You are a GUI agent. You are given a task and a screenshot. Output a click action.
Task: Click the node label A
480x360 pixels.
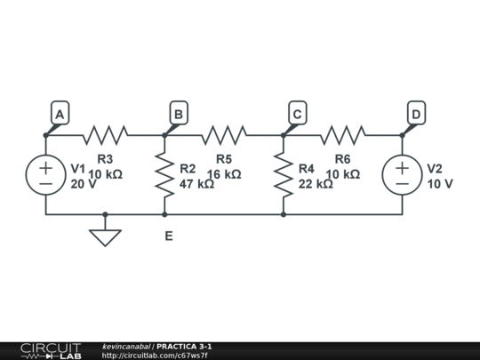[x=60, y=114]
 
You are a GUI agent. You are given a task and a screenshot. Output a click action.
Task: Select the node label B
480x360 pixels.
[x=179, y=114]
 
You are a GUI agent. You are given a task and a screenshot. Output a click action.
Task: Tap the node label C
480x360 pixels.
[x=298, y=114]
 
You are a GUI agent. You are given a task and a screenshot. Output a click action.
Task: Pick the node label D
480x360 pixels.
[x=416, y=114]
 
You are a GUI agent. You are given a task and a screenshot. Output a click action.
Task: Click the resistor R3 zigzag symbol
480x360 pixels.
[x=105, y=135]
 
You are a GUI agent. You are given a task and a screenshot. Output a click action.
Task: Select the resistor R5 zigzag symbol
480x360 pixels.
[x=224, y=135]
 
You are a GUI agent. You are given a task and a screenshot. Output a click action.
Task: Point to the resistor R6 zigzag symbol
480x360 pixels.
[x=342, y=135]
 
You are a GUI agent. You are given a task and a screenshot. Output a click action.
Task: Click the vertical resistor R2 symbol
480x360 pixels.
[x=164, y=175]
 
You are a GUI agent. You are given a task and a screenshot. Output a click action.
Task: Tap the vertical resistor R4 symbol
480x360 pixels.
[x=284, y=175]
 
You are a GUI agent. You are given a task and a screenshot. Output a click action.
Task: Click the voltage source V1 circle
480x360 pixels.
[x=45, y=175]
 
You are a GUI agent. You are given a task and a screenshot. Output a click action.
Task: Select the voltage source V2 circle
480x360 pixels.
[x=402, y=175]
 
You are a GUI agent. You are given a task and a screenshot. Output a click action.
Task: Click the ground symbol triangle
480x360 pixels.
[x=105, y=236]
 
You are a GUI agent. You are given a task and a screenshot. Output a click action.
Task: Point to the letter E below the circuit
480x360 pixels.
[x=168, y=236]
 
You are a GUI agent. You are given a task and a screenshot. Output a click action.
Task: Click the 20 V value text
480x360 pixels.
[x=83, y=184]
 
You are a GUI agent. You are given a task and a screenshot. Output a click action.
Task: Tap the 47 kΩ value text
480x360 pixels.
[x=196, y=184]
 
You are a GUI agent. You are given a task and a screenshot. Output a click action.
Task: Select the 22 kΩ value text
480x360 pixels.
[x=316, y=184]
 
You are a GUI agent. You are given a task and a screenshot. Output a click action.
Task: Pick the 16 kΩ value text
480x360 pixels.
[x=224, y=174]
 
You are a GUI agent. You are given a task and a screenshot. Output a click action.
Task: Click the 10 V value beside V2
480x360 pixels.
[x=440, y=184]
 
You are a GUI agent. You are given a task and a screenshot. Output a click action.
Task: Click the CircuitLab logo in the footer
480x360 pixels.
[x=51, y=350]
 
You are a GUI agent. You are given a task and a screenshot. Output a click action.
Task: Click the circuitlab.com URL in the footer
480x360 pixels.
[x=156, y=356]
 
